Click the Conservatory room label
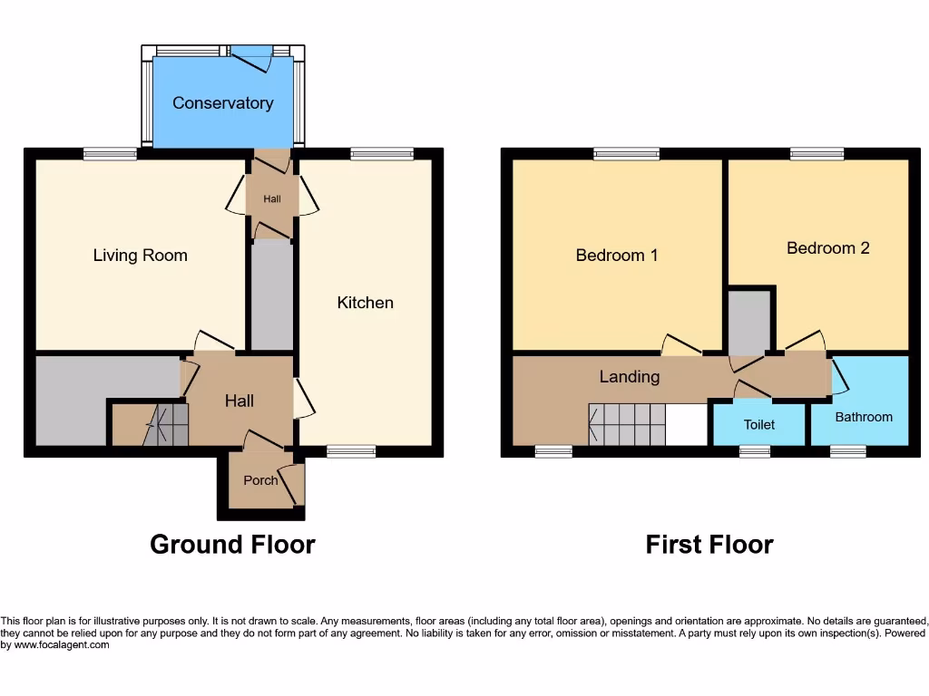[222, 103]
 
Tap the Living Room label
[141, 256]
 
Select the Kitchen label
[366, 303]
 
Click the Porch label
[260, 480]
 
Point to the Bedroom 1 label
[617, 256]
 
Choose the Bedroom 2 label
[827, 247]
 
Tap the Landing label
[629, 376]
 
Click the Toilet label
[759, 424]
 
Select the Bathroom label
[864, 417]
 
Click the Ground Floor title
[232, 545]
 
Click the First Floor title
[709, 545]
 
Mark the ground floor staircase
[165, 425]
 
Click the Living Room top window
[111, 155]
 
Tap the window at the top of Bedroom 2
[817, 155]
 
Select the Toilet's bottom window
[755, 451]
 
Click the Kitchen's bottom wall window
[351, 451]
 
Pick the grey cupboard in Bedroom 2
[749, 322]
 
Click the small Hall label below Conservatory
[272, 198]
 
